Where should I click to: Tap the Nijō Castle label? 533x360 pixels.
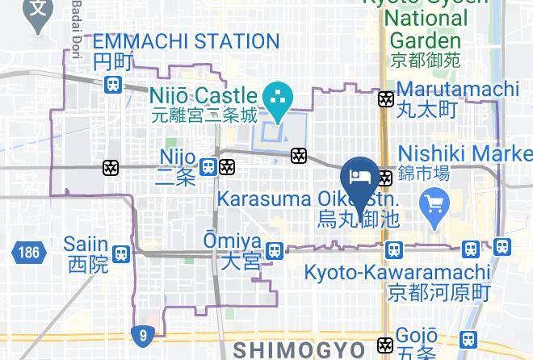(202, 98)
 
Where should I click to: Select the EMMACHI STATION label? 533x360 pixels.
(186, 41)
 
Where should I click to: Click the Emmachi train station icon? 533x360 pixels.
(113, 82)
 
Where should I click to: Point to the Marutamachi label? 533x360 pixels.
(457, 89)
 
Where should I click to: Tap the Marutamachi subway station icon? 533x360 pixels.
(386, 99)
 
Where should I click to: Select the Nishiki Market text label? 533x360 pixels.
(465, 153)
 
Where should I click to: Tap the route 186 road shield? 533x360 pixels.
(27, 253)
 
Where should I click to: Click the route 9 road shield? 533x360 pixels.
(141, 333)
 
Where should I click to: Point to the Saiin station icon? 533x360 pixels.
(121, 253)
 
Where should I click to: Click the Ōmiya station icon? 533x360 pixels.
(275, 251)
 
